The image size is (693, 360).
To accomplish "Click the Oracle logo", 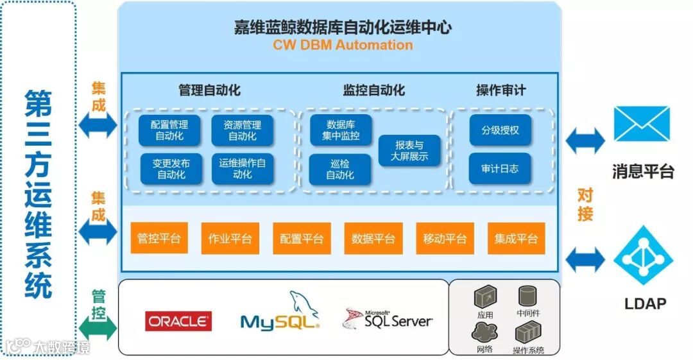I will [x=178, y=321].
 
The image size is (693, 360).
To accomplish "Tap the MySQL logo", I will [x=280, y=314].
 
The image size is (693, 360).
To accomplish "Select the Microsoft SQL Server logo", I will [x=388, y=319].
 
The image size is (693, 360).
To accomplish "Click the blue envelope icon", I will [x=641, y=124].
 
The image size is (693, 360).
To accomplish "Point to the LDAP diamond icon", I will [x=643, y=259].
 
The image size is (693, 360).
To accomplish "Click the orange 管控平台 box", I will [x=159, y=239].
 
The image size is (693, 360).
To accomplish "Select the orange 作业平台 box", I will [x=230, y=239].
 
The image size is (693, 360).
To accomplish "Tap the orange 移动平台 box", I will [x=445, y=239].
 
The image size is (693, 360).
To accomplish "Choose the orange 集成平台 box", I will [x=516, y=239].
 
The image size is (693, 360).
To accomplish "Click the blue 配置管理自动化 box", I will [x=169, y=130].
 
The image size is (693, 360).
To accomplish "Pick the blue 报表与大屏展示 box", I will [x=410, y=151].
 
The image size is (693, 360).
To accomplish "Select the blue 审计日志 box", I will [x=500, y=169].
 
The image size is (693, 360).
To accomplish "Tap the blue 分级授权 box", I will [x=500, y=130].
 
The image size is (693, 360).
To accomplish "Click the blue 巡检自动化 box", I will [x=340, y=169].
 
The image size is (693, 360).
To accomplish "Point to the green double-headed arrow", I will [x=98, y=328].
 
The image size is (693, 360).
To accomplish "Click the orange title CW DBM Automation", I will [x=343, y=45].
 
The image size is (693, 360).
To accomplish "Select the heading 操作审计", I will [x=501, y=90].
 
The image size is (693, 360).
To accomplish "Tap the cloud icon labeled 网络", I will [x=484, y=332].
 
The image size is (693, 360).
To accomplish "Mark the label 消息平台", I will [x=643, y=171].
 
